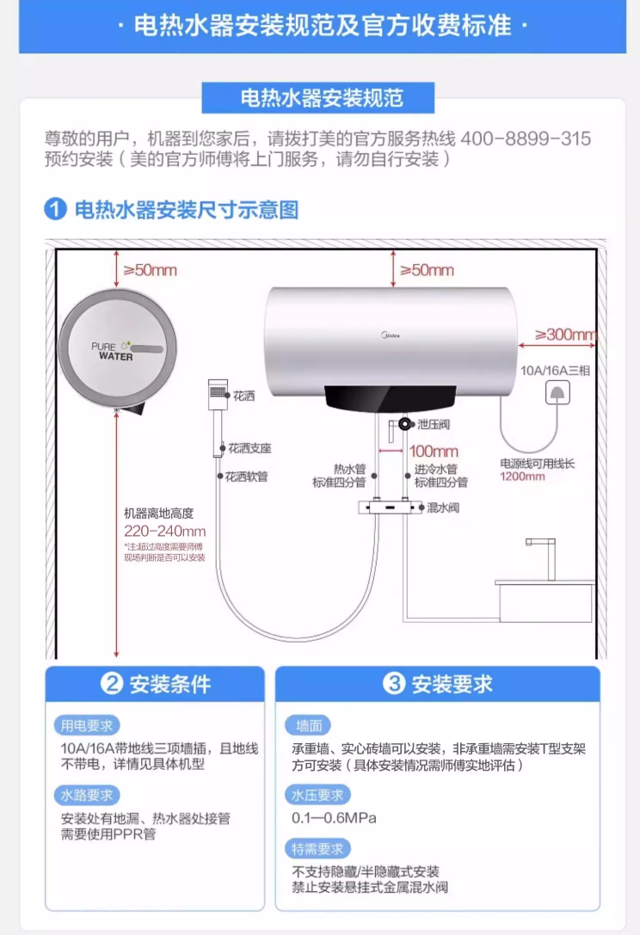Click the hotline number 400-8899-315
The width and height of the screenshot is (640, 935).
click(x=526, y=138)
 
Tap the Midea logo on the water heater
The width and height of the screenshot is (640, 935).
click(x=391, y=335)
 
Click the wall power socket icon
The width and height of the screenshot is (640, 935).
click(x=557, y=393)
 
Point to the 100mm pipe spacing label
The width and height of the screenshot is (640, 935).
click(x=434, y=451)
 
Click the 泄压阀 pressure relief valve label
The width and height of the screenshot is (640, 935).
click(x=434, y=424)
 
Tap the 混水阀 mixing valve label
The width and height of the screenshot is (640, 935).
click(x=443, y=507)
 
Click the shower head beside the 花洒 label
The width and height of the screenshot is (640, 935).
click(x=218, y=394)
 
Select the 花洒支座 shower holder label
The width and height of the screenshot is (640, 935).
click(x=249, y=448)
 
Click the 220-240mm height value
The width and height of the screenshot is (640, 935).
click(x=164, y=531)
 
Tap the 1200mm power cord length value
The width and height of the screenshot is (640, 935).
click(x=522, y=477)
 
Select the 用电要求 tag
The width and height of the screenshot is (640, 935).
click(x=87, y=726)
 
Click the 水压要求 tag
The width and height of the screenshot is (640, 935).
click(x=317, y=795)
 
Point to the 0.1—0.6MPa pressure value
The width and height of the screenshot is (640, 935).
click(x=334, y=817)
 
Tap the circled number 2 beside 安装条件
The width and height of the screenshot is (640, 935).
click(x=112, y=683)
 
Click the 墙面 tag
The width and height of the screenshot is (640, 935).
click(x=308, y=726)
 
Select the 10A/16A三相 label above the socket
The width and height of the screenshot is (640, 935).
click(x=556, y=371)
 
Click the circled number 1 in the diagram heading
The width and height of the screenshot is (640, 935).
click(x=55, y=209)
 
